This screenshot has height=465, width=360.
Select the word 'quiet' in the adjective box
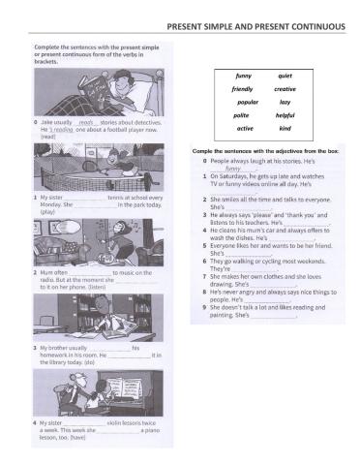[x=285, y=75]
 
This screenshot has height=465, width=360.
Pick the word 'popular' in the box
[x=247, y=102]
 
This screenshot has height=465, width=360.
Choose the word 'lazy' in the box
[x=285, y=102]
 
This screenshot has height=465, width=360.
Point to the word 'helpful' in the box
[x=285, y=114]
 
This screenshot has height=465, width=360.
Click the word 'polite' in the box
[x=245, y=114]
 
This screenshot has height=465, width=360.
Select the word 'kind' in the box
[x=285, y=128]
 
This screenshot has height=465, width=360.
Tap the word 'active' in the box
[x=245, y=128]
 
